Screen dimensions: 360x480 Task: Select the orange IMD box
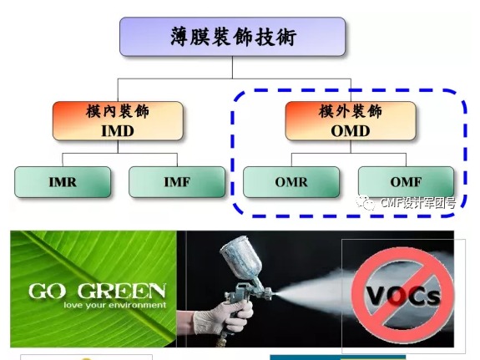click(x=117, y=121)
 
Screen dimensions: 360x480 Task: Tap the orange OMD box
click(x=349, y=121)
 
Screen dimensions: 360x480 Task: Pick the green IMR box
click(x=62, y=181)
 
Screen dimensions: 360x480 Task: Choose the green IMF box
click(x=177, y=181)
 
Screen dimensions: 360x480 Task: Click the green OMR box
click(x=291, y=181)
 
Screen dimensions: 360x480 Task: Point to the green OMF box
click(x=406, y=181)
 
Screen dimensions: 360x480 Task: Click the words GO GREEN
click(x=96, y=292)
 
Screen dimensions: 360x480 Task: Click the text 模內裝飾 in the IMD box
click(x=117, y=112)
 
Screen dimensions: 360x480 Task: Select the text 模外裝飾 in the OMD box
click(x=349, y=112)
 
